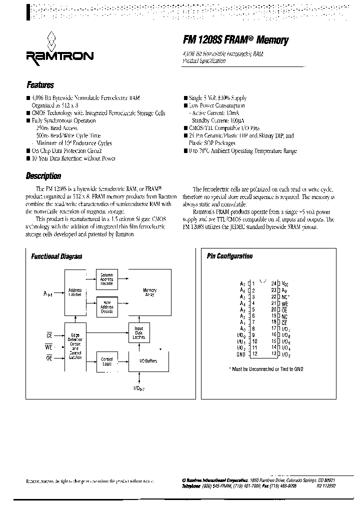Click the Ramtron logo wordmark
(58, 55)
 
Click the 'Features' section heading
(39, 85)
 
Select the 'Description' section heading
(43, 176)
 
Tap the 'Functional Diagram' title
(56, 256)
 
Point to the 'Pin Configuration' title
(229, 256)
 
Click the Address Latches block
(75, 292)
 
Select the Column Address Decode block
(106, 278)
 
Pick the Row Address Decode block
(106, 307)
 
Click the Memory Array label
(150, 292)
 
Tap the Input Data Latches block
(139, 334)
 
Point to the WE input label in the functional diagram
(49, 346)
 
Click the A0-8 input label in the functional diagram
(48, 294)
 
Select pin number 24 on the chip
(273, 283)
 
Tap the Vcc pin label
(284, 283)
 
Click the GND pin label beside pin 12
(241, 354)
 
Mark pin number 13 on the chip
(273, 354)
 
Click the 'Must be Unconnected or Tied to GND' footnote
(266, 369)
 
